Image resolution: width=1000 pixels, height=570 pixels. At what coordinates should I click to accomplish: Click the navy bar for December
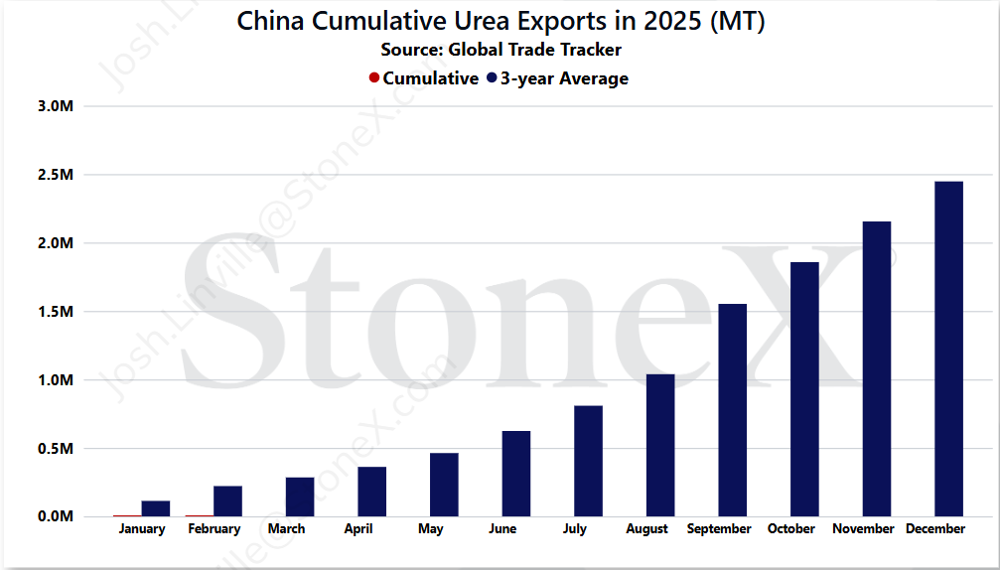click(949, 349)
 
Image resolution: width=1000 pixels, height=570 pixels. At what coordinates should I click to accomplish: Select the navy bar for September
click(733, 410)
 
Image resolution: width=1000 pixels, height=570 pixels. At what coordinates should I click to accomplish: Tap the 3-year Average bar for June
click(516, 474)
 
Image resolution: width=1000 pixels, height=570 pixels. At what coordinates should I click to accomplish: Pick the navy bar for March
click(300, 497)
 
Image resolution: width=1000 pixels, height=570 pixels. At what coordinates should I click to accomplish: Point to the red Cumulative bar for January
click(127, 515)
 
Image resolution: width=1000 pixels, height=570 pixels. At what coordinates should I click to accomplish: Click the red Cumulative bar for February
click(200, 515)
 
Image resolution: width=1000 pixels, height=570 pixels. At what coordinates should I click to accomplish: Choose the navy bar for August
click(660, 445)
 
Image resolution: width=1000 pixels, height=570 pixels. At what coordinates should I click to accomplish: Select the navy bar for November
click(877, 369)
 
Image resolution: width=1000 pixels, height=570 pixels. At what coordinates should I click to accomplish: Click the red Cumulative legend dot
click(374, 78)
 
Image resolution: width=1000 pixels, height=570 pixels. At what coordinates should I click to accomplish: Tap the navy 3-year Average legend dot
click(492, 78)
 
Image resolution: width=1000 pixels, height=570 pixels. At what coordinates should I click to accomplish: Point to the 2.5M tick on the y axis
click(56, 175)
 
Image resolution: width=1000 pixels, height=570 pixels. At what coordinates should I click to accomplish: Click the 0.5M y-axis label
click(56, 449)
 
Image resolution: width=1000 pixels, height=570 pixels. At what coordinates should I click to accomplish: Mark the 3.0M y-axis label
click(56, 106)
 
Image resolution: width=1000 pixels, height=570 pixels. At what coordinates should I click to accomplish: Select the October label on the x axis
click(791, 528)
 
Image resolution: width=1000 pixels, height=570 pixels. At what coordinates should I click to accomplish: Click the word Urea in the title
click(482, 21)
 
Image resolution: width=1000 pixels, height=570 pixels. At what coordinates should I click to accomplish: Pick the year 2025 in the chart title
click(672, 21)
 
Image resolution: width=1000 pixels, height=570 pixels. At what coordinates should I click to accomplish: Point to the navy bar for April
click(371, 492)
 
